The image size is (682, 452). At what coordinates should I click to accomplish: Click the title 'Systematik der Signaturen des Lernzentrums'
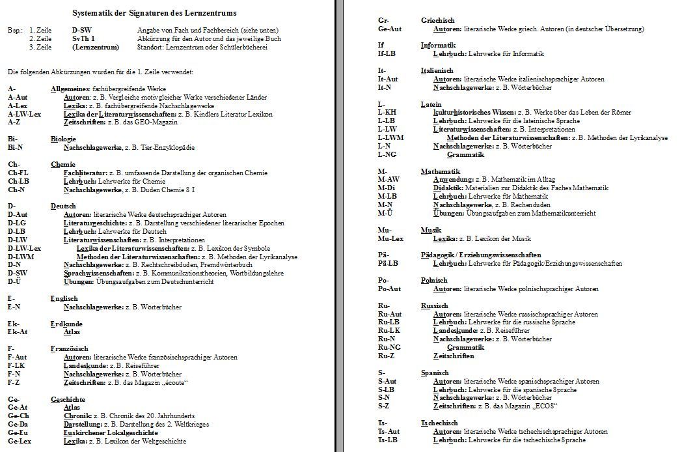[x=154, y=13]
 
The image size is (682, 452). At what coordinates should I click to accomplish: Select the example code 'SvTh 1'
[x=83, y=39]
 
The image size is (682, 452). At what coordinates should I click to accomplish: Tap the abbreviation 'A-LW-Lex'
[x=24, y=114]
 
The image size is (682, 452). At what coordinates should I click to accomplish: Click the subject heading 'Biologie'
[x=63, y=139]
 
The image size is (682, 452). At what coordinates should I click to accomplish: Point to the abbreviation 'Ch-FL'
[x=18, y=173]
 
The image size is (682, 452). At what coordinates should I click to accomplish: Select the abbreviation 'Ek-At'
[x=18, y=332]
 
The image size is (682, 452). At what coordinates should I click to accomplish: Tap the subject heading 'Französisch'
[x=69, y=348]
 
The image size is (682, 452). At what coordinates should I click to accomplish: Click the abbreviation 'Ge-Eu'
[x=18, y=432]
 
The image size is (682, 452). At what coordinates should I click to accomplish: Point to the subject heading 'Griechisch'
[x=437, y=21]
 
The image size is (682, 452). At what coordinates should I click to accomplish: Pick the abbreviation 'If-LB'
[x=387, y=53]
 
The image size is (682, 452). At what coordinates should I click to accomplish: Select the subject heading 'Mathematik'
[x=441, y=171]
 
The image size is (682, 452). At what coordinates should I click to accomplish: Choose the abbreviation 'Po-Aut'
[x=389, y=289]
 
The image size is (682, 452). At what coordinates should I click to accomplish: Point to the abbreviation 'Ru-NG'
[x=389, y=347]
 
